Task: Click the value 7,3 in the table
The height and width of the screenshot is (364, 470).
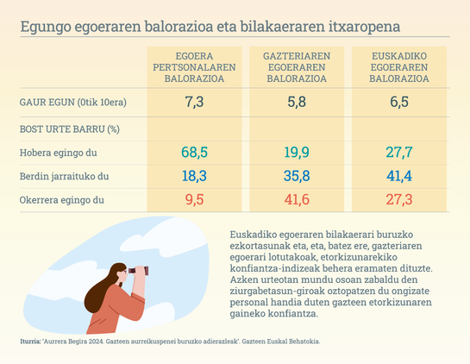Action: [194, 102]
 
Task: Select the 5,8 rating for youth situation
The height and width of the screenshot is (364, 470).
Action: [297, 102]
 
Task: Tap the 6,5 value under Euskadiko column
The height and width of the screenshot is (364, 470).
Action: [399, 102]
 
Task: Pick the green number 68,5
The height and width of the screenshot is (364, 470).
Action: [194, 153]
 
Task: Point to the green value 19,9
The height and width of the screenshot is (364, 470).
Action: [297, 153]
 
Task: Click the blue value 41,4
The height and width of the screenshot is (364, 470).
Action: [399, 176]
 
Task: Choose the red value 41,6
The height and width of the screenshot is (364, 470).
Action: [297, 199]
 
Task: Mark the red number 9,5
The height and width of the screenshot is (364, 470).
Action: [194, 199]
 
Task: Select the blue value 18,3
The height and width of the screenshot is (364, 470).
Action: [194, 176]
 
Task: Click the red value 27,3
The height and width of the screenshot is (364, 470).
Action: [399, 199]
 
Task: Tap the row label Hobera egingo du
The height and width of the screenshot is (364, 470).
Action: [58, 153]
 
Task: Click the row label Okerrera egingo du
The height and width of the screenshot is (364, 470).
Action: [62, 200]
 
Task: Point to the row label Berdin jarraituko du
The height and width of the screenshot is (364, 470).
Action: [64, 176]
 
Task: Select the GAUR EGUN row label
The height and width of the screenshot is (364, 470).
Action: [72, 103]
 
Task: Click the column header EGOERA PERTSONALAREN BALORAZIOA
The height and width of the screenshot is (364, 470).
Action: [194, 67]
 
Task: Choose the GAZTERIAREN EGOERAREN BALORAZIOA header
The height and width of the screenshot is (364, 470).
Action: [297, 67]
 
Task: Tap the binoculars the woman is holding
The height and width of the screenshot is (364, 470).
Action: [139, 271]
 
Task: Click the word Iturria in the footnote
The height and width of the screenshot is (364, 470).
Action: [30, 342]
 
